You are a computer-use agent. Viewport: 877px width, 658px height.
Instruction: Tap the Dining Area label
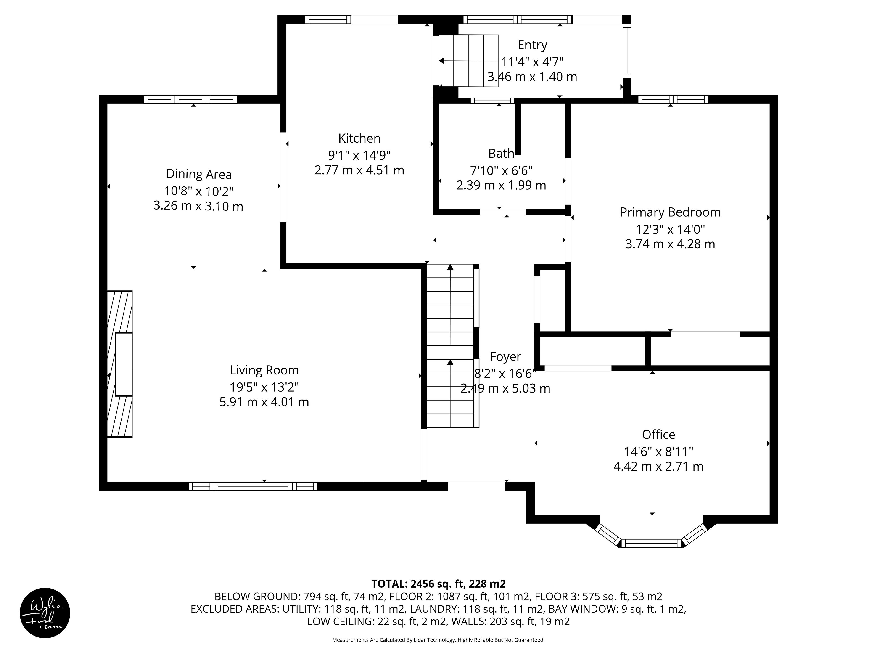pyautogui.click(x=199, y=174)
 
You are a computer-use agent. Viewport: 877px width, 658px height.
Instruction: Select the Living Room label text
pyautogui.click(x=264, y=370)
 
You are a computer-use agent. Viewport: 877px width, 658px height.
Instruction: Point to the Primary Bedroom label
pyautogui.click(x=670, y=212)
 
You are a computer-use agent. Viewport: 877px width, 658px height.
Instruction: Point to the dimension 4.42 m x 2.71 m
pyautogui.click(x=658, y=466)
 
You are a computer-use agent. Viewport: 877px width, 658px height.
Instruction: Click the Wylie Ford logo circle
pyautogui.click(x=45, y=613)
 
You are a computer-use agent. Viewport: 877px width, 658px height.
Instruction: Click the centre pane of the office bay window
pyautogui.click(x=651, y=543)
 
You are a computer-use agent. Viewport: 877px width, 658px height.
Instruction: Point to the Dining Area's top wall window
pyautogui.click(x=190, y=99)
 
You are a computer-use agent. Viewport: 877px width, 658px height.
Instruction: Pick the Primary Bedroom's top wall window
pyautogui.click(x=673, y=99)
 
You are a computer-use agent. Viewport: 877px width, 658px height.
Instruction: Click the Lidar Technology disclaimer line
pyautogui.click(x=438, y=640)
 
